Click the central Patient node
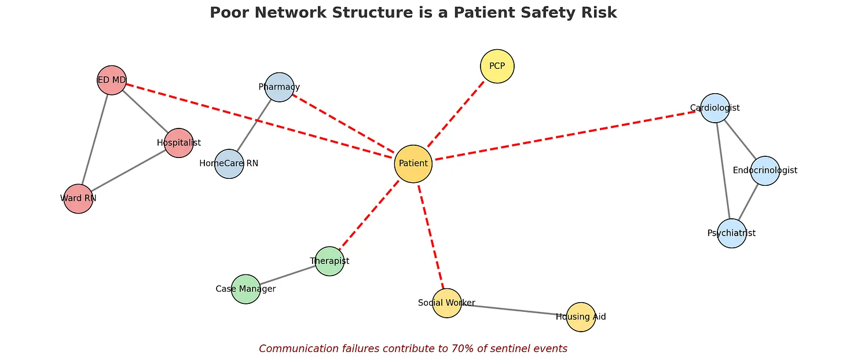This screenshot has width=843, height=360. [413, 164]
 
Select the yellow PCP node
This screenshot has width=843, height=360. [497, 66]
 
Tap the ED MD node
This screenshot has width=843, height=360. [112, 80]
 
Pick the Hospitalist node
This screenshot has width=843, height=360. [178, 142]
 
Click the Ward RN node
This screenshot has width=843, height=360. [78, 199]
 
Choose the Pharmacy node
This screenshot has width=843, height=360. [280, 87]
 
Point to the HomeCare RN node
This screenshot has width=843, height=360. [229, 164]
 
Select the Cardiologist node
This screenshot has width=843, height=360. [714, 108]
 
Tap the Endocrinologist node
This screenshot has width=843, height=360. [765, 170]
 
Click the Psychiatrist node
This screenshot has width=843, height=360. [731, 233]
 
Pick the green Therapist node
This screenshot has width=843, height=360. [329, 261]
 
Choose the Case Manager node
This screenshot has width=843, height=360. [245, 289]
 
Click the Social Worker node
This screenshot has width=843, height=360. [446, 303]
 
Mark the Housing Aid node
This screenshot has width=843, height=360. [581, 317]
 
